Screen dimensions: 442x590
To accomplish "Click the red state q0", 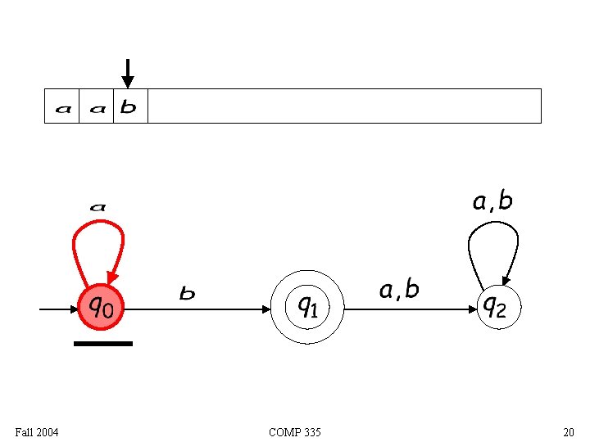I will [102, 307].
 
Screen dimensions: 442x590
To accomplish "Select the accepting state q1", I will [307, 307].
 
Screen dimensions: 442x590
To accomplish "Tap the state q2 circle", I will [497, 307].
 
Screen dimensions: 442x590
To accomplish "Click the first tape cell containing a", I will [62, 106].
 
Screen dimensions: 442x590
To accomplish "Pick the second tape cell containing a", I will [97, 106].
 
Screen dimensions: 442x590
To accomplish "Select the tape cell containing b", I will [129, 106].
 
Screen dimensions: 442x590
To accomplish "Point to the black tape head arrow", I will [127, 73].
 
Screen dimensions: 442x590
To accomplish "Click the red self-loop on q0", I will [98, 237].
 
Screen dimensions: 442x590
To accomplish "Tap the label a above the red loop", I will [98, 208].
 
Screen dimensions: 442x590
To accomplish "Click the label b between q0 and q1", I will [188, 293].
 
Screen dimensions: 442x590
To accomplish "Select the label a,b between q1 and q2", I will [399, 289].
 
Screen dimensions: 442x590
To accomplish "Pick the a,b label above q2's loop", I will [492, 201].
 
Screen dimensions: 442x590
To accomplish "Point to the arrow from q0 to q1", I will [197, 309].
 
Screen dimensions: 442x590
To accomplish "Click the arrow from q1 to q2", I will [410, 309].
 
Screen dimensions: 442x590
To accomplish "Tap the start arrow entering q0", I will [57, 309].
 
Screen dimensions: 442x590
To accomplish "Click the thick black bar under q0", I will [102, 344].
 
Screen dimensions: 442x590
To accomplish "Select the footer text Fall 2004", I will [36, 432].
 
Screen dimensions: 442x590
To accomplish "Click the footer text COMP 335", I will [294, 432].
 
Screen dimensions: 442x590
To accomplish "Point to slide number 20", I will [568, 432].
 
